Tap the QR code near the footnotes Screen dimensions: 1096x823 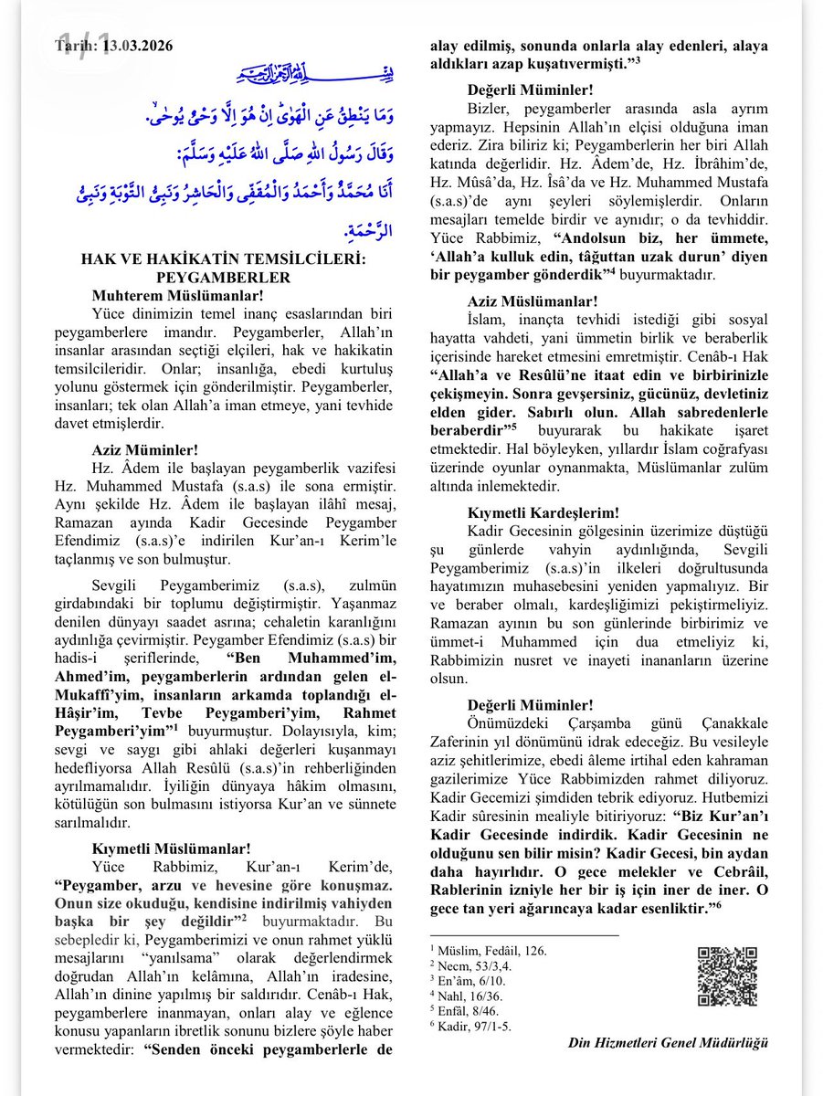point(727,975)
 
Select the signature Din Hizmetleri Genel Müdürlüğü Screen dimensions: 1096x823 point(668,1042)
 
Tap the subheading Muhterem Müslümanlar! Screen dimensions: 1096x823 point(177,295)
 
